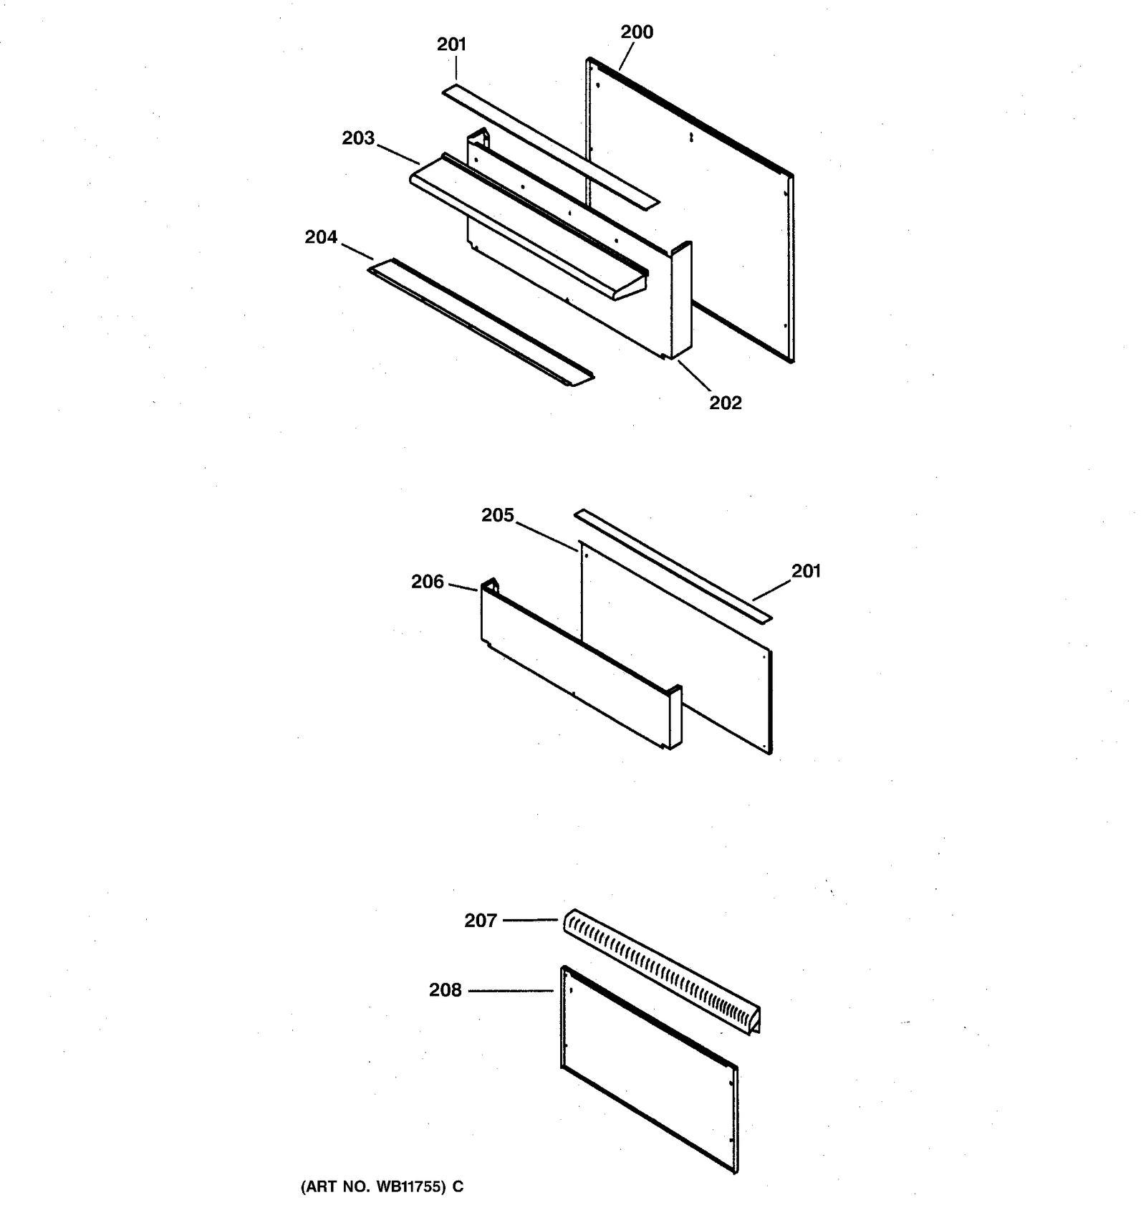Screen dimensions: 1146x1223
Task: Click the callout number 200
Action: (x=637, y=32)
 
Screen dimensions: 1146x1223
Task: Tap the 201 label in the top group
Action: (x=451, y=44)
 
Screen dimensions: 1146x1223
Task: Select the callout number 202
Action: (x=726, y=403)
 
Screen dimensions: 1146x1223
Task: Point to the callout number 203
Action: (x=358, y=138)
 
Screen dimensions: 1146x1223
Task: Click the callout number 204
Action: (x=321, y=237)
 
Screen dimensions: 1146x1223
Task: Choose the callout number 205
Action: (x=498, y=515)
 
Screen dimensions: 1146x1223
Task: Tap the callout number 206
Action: (x=428, y=582)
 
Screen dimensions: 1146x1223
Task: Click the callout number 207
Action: (x=481, y=921)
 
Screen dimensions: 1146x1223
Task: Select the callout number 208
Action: (x=446, y=990)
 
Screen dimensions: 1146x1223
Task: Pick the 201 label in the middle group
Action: (x=806, y=571)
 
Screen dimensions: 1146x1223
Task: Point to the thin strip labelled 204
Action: (x=480, y=323)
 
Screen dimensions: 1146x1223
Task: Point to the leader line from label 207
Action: (x=530, y=920)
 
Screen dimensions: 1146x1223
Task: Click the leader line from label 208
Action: (x=511, y=991)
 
